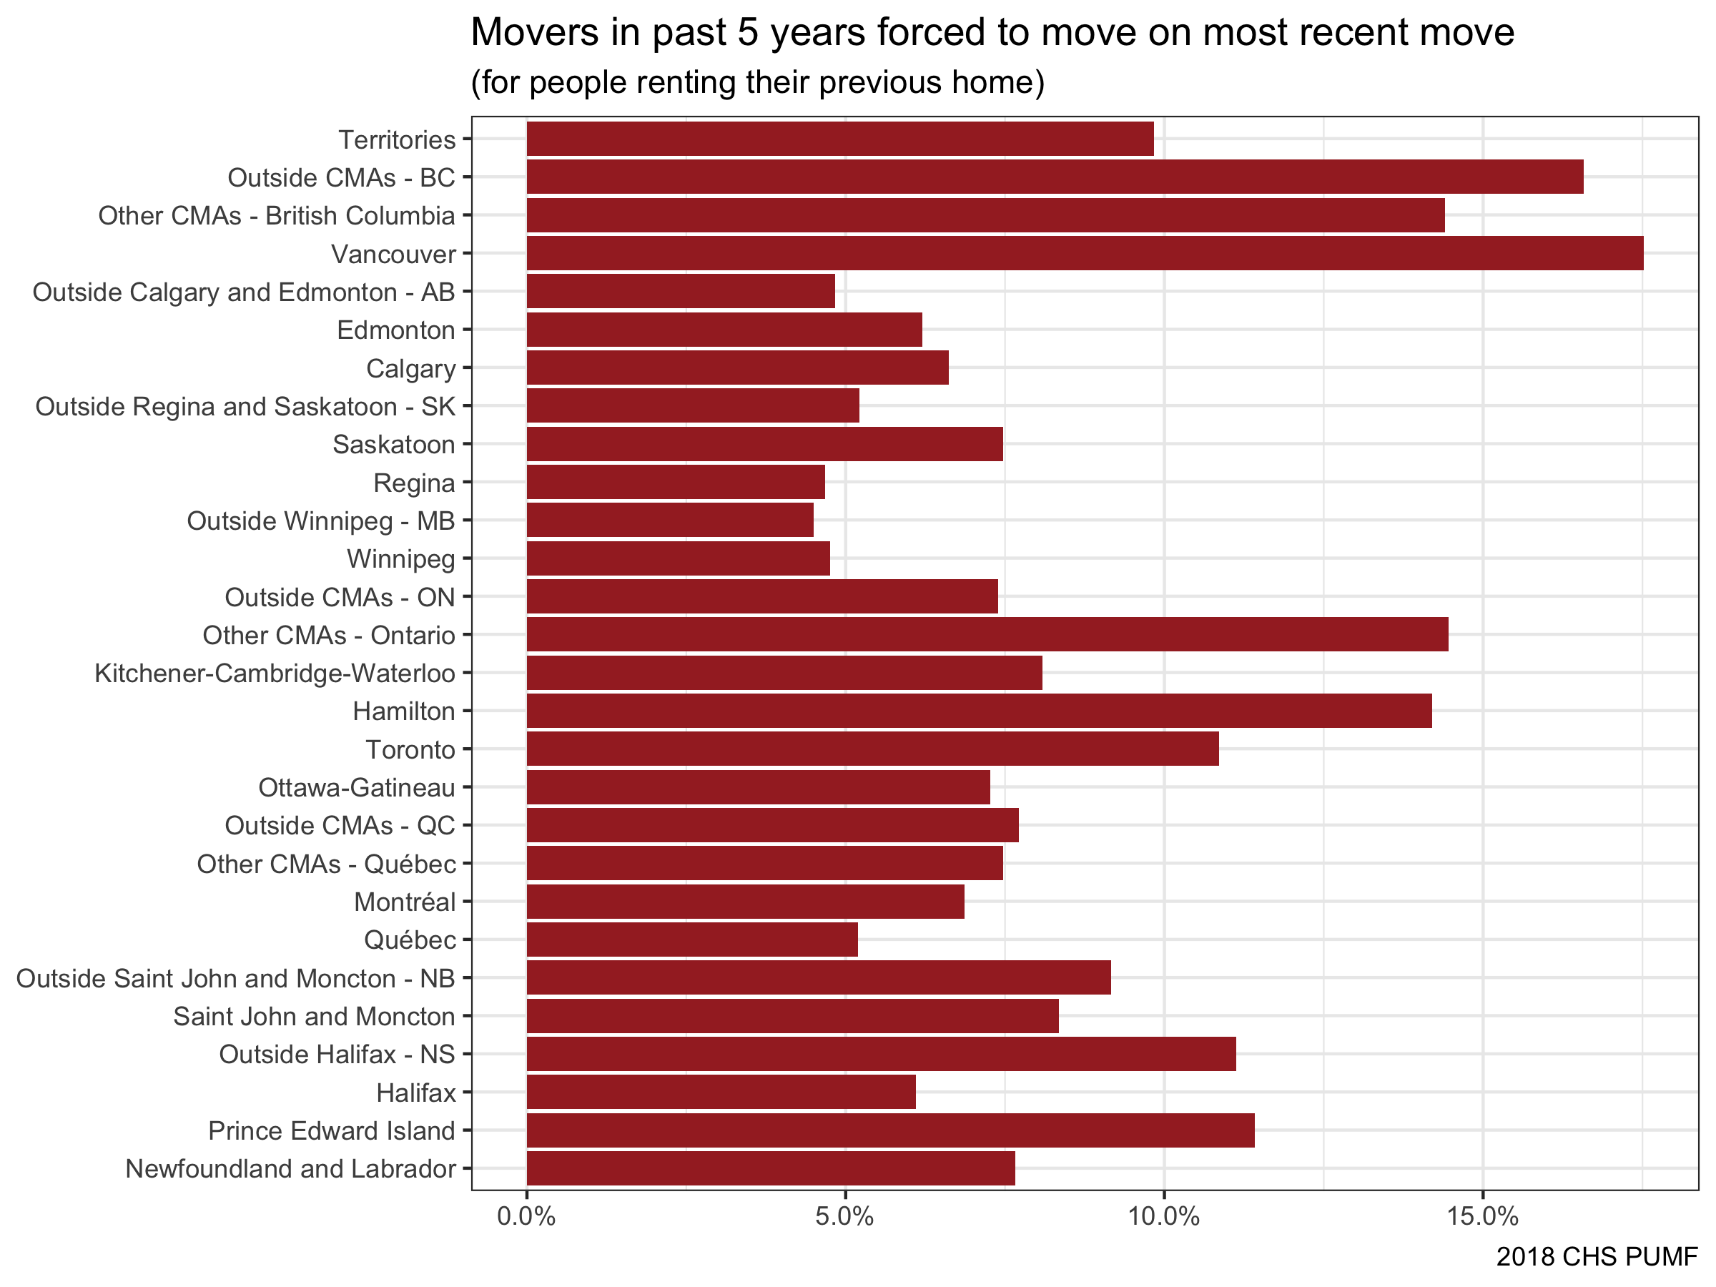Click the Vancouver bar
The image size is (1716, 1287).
[1084, 254]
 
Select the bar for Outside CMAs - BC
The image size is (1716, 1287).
[1055, 177]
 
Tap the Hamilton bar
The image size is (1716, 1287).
[978, 711]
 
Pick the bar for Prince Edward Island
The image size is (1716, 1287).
[889, 1130]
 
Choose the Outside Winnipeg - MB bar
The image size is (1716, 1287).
[669, 520]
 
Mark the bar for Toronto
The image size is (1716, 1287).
[872, 749]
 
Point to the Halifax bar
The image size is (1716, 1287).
[721, 1093]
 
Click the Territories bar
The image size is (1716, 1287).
[839, 139]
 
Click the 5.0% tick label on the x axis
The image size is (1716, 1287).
[845, 1216]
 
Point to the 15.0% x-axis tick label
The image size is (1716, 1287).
[1482, 1216]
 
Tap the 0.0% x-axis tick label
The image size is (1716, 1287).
[526, 1216]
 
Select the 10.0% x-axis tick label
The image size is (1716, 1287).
[1163, 1216]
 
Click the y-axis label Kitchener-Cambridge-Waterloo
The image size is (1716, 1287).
[275, 674]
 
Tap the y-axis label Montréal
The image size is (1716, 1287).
[404, 902]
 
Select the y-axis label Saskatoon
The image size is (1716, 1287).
[393, 445]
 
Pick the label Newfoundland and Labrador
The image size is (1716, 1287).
[290, 1169]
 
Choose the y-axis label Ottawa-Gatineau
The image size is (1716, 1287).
[356, 787]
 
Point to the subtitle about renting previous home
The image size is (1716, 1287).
[757, 82]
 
